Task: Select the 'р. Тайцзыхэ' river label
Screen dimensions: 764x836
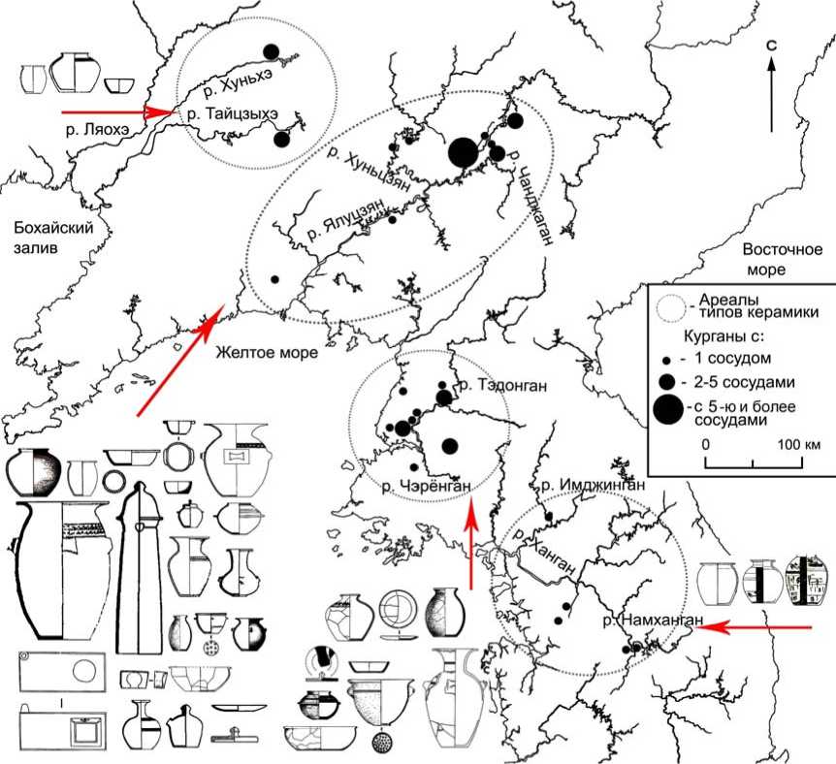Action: click(233, 114)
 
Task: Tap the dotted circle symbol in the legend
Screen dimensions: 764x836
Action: click(666, 302)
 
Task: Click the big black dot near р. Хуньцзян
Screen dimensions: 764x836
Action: click(463, 152)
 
